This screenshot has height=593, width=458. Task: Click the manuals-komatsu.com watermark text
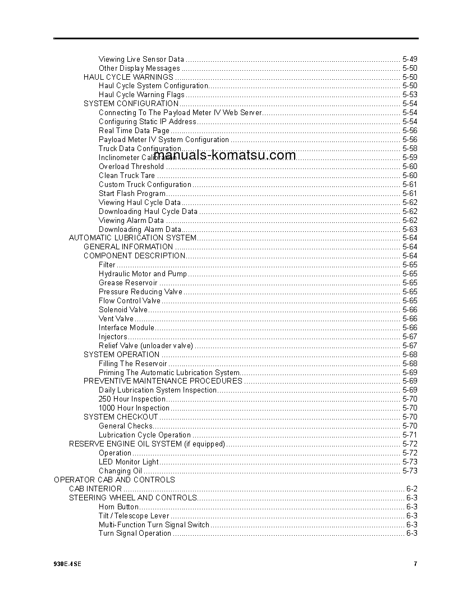point(224,156)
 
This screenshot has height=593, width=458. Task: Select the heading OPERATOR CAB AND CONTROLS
point(114,480)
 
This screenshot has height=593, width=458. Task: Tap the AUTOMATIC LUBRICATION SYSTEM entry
point(132,238)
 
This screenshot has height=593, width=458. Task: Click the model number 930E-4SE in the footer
point(67,564)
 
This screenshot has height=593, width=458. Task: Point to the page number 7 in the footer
point(415,564)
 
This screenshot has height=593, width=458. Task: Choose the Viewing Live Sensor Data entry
point(141,59)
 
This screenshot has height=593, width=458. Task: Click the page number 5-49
point(410,59)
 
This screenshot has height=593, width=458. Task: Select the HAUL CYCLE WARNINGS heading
point(129,77)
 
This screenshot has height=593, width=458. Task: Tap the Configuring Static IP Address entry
point(148,121)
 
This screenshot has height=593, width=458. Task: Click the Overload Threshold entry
point(131,166)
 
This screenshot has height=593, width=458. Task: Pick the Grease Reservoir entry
point(128,282)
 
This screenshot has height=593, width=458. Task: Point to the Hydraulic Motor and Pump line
point(143,273)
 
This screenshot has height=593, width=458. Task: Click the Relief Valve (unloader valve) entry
point(146,345)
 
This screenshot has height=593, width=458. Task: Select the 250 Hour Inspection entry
point(132,399)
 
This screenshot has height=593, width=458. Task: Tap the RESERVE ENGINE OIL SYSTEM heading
point(147,444)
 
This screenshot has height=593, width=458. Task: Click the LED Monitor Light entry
point(129,462)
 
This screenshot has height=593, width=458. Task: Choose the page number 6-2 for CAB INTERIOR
point(411,489)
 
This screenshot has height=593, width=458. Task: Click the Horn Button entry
point(118,507)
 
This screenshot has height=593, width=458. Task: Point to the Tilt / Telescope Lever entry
point(134,516)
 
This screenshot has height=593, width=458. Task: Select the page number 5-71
point(410,435)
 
